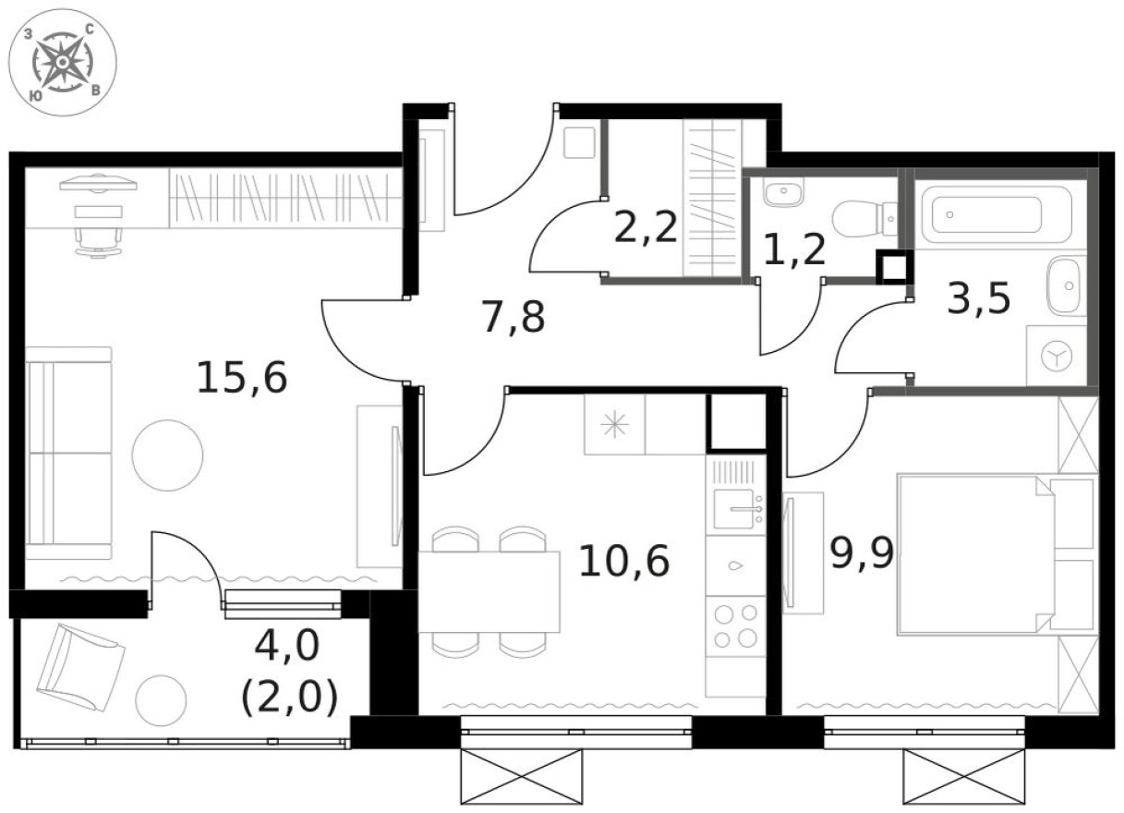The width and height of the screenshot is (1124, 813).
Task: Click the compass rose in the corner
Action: (62, 63)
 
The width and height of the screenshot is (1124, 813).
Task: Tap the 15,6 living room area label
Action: (243, 377)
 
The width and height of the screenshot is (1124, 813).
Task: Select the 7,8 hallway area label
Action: (514, 317)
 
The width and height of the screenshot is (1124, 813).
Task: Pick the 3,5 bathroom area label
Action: (978, 298)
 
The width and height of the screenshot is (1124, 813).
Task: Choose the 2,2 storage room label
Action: (646, 227)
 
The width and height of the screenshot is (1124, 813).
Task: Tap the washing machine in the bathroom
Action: (1056, 355)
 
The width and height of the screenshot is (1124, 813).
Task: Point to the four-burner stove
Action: (736, 625)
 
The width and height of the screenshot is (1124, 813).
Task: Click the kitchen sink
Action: (736, 508)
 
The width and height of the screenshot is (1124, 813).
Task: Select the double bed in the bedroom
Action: (974, 554)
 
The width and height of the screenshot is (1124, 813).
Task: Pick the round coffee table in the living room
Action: (167, 455)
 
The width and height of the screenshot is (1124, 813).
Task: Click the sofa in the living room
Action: (68, 453)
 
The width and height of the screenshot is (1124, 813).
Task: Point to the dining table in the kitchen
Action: (489, 591)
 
